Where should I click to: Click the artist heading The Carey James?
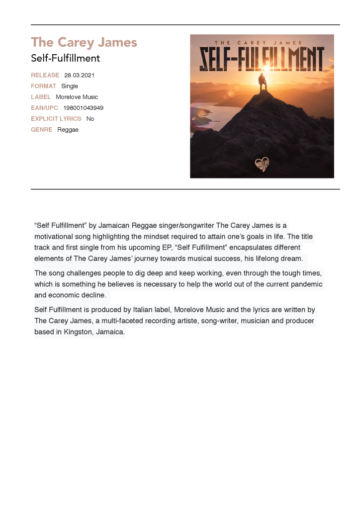pyautogui.click(x=84, y=42)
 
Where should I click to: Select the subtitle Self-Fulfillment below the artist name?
pyautogui.click(x=65, y=58)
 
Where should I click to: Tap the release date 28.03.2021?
pyautogui.click(x=79, y=75)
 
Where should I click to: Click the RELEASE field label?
pyautogui.click(x=45, y=75)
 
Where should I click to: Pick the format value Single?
pyautogui.click(x=70, y=86)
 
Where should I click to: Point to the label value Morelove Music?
pyautogui.click(x=77, y=97)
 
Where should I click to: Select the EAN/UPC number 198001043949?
pyautogui.click(x=83, y=108)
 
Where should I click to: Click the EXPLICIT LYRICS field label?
pyautogui.click(x=56, y=119)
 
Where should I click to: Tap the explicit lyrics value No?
pyautogui.click(x=90, y=119)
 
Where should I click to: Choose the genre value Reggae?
pyautogui.click(x=68, y=130)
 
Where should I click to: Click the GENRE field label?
pyautogui.click(x=41, y=130)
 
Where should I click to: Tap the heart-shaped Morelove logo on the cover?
pyautogui.click(x=262, y=164)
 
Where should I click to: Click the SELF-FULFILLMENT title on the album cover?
pyautogui.click(x=262, y=59)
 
